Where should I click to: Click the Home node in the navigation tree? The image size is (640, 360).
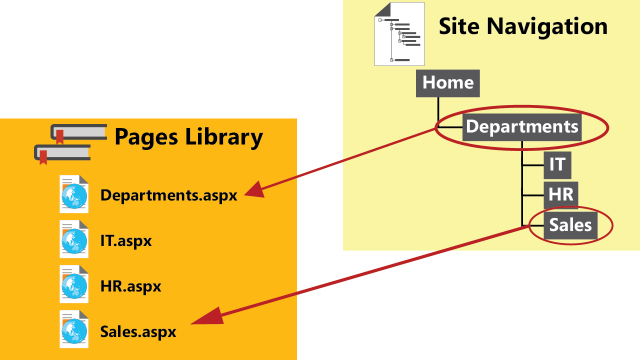[447, 83]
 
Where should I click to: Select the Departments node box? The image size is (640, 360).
[522, 126]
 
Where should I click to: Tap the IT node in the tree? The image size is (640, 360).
[557, 164]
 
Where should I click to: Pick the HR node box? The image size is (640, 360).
[560, 194]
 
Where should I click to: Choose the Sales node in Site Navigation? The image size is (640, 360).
[570, 225]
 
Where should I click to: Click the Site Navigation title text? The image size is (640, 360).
[522, 26]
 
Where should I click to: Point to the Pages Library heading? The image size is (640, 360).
[188, 137]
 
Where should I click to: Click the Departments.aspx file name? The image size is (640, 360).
[168, 195]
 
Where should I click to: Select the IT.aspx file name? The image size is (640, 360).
[125, 241]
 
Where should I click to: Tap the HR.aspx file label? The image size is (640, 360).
[130, 286]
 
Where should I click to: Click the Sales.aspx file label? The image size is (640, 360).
[138, 331]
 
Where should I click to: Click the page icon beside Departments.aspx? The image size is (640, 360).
[74, 194]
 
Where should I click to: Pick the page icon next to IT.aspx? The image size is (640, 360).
[74, 239]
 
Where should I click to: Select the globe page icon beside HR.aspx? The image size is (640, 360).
[74, 284]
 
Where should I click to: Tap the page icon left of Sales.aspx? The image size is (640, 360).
[74, 329]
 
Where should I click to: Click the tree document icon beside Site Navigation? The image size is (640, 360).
[399, 34]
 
